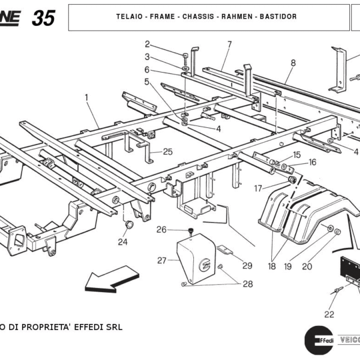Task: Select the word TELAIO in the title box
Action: (x=130, y=16)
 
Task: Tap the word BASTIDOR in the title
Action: (x=278, y=16)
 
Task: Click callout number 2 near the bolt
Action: (x=147, y=44)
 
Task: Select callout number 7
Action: (x=229, y=44)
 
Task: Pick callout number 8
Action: (x=293, y=62)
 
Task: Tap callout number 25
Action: (x=167, y=152)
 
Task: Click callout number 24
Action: (x=122, y=242)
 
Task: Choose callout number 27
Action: (x=161, y=260)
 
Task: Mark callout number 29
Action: (x=247, y=265)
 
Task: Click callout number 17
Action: (x=258, y=188)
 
